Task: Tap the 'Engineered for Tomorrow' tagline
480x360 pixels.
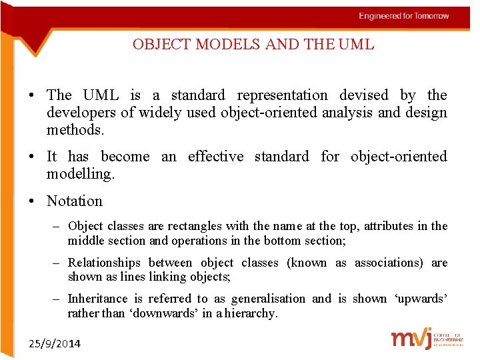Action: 403,16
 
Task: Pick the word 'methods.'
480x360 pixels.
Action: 75,130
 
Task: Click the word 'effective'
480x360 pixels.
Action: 215,157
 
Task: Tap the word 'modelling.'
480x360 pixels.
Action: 81,174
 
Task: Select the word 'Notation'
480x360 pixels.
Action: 75,201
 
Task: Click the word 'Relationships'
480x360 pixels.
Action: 104,263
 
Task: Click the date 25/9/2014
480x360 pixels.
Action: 55,343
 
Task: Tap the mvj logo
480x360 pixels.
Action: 411,338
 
